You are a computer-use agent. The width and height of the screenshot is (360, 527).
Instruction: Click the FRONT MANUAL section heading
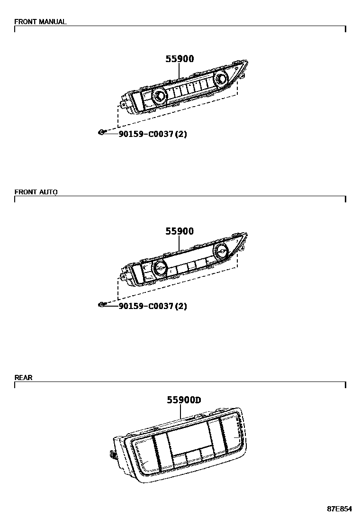[40, 22]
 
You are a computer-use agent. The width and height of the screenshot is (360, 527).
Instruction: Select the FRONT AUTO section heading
[36, 192]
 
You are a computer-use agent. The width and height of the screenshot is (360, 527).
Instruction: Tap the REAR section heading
[24, 378]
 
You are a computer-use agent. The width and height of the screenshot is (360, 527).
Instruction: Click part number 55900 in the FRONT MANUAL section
[180, 59]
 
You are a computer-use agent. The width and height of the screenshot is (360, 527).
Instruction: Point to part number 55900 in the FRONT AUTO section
[180, 231]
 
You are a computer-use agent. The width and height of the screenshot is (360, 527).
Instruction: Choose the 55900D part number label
[184, 400]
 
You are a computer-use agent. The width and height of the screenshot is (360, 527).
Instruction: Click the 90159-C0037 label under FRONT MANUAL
[146, 134]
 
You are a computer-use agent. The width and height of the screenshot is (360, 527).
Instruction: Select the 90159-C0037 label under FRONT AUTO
[146, 306]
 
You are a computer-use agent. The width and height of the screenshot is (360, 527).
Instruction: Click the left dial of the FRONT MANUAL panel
[158, 97]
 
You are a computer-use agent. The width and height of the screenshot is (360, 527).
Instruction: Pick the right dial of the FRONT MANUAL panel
[220, 78]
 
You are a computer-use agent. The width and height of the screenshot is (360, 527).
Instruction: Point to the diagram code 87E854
[339, 509]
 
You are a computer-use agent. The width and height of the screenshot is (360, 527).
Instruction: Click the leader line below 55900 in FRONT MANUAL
[180, 71]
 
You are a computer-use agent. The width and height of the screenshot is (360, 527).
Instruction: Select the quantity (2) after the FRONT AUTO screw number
[181, 306]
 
